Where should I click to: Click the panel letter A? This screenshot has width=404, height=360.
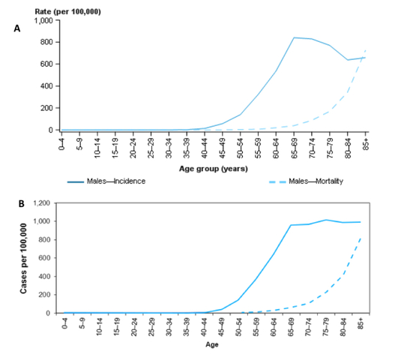(x=16, y=28)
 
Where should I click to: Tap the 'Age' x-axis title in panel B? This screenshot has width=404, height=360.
(x=213, y=346)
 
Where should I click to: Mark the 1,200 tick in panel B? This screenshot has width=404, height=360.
(x=46, y=203)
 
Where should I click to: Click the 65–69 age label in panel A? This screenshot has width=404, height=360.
(x=295, y=144)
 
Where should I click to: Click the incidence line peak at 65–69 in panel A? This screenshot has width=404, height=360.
(x=295, y=37)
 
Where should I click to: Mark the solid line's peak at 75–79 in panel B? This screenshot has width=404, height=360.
(x=330, y=220)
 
